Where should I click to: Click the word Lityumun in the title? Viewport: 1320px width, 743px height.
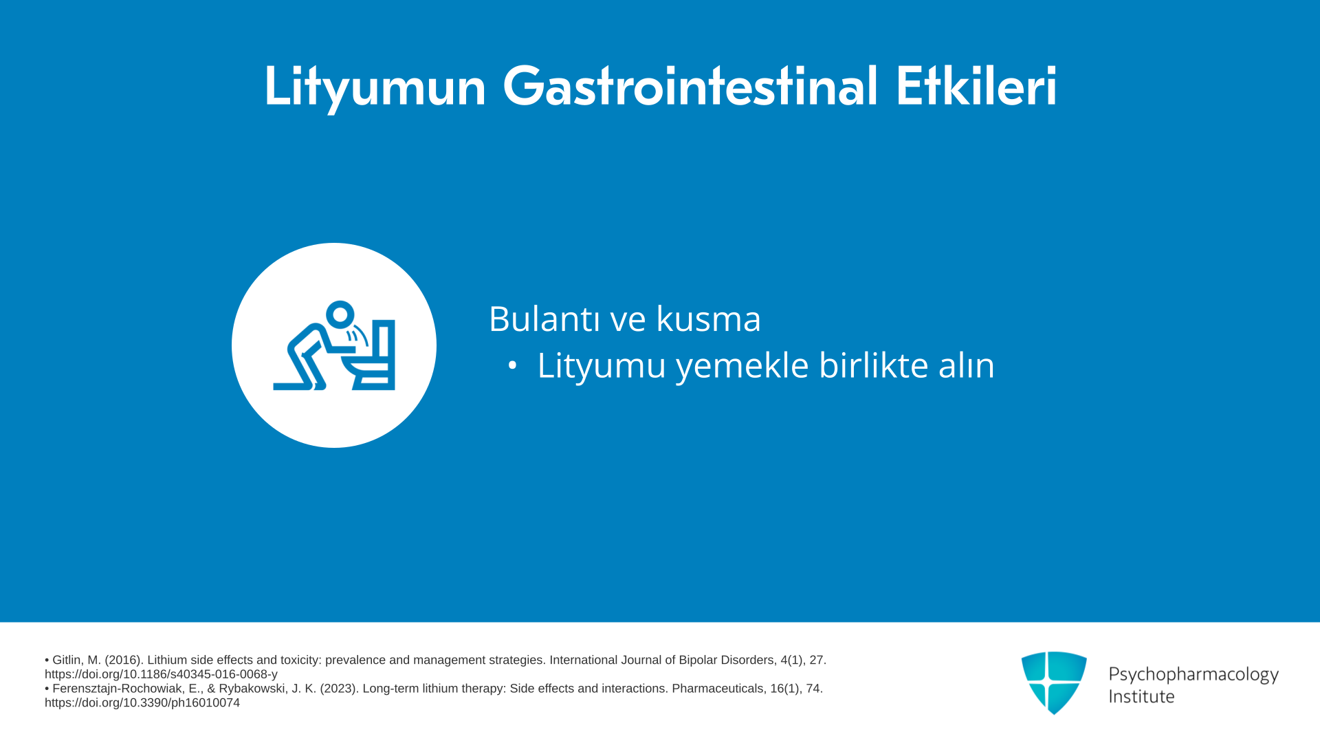(375, 87)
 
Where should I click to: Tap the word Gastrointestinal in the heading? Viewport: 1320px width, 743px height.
(690, 86)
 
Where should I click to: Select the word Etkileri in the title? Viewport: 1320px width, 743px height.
(976, 86)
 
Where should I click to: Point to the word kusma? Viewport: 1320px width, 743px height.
(708, 319)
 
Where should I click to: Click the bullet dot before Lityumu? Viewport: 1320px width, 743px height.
(512, 365)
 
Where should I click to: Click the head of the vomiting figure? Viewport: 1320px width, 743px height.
(340, 315)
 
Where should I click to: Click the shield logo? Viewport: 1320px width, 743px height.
(1054, 682)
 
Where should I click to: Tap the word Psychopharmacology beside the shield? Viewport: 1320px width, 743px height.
(1193, 674)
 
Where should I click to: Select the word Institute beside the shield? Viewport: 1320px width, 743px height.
(1141, 696)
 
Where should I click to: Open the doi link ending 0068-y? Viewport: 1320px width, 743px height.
(161, 674)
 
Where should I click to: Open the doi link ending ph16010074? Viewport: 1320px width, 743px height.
(142, 702)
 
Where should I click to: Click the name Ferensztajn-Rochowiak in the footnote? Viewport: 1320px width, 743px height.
(125, 689)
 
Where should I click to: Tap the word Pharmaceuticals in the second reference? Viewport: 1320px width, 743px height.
(718, 689)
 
